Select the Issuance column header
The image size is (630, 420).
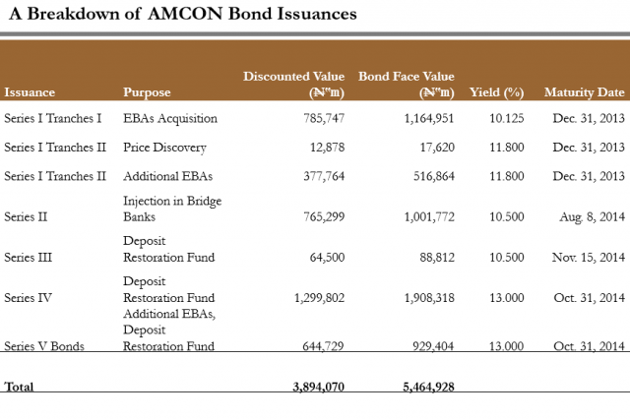tap(30, 92)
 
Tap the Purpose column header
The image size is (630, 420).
tap(147, 92)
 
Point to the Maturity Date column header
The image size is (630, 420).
tap(584, 92)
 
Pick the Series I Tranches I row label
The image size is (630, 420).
tap(53, 119)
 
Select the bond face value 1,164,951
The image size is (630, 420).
tap(429, 119)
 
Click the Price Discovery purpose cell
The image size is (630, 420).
tap(164, 148)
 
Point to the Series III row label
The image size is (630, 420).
tap(28, 258)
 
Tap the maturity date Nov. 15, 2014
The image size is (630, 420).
tap(589, 258)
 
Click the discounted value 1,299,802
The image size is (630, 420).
tap(318, 298)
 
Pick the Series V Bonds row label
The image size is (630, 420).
tap(42, 345)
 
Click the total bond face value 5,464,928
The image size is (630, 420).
tap(429, 388)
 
